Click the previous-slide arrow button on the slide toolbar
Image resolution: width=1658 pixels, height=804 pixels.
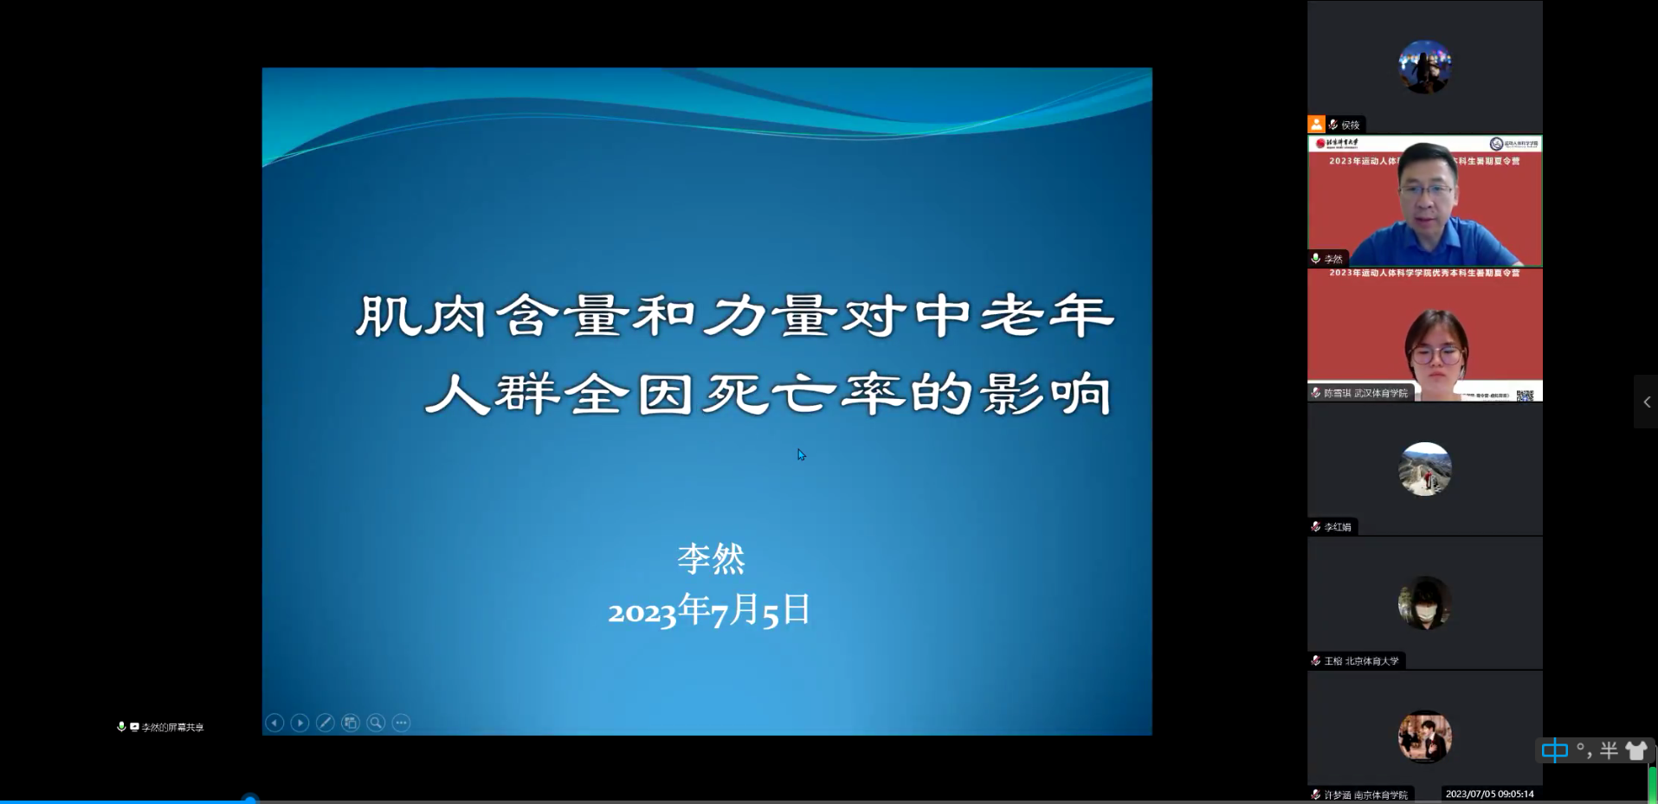[274, 723]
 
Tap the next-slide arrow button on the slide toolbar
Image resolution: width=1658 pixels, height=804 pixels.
[300, 723]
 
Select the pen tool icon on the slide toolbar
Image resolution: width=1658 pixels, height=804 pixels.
[326, 723]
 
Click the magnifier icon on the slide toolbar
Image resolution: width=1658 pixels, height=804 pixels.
[376, 723]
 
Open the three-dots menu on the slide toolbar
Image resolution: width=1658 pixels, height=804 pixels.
[401, 723]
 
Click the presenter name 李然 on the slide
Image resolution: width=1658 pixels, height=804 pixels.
[711, 559]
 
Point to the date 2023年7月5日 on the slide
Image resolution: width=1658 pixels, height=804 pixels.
[709, 610]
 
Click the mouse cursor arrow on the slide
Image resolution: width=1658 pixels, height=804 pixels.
[801, 454]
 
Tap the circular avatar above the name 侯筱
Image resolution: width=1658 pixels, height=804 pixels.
[1424, 67]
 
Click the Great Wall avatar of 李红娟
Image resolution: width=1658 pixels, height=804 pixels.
[1424, 469]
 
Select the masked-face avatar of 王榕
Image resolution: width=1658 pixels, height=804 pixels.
[1424, 603]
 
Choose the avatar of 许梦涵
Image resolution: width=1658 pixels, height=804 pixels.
[1424, 736]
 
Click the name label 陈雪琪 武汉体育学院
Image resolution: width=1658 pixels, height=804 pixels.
[1365, 393]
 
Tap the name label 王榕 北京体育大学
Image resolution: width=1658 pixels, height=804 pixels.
[1361, 661]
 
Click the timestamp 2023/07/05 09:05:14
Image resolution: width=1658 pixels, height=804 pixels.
[1489, 794]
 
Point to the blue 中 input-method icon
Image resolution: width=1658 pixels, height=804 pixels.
[1555, 750]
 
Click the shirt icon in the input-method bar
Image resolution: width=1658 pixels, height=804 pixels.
[1635, 750]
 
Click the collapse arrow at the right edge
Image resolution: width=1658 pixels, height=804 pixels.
[1646, 402]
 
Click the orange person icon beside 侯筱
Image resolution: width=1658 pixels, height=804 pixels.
[1316, 125]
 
